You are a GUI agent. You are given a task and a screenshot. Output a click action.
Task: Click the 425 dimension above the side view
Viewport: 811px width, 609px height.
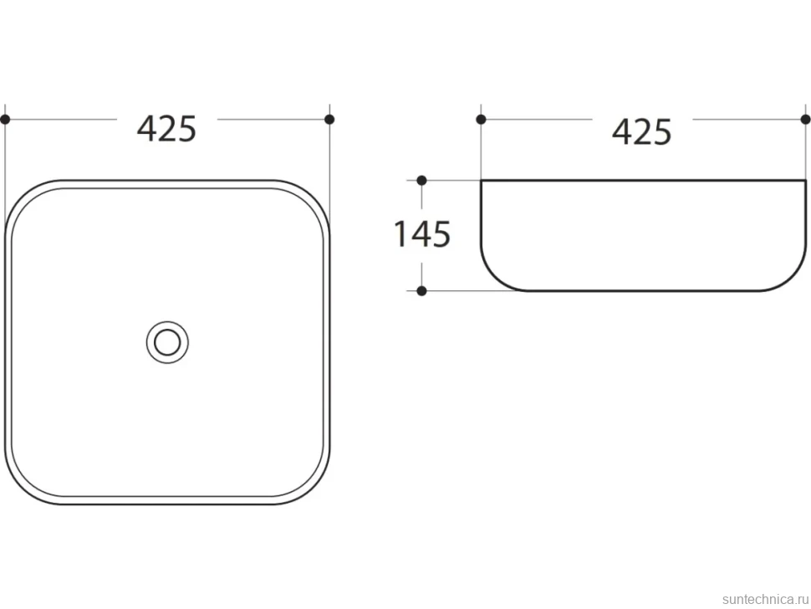click(x=642, y=131)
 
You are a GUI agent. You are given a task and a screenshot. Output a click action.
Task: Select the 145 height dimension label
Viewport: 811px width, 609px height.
click(x=422, y=234)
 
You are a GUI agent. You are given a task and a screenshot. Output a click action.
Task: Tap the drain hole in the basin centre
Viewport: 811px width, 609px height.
click(x=167, y=342)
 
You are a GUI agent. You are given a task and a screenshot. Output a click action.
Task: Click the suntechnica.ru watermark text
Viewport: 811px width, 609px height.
click(x=766, y=599)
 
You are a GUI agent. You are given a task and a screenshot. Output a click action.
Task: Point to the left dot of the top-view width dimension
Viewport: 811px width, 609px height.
click(x=5, y=120)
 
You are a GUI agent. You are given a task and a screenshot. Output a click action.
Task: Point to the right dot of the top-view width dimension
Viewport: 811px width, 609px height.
click(x=329, y=120)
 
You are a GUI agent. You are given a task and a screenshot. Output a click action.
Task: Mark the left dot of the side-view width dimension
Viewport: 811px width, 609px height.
click(x=481, y=120)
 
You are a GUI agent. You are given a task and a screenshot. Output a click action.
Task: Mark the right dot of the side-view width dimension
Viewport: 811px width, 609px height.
click(x=805, y=120)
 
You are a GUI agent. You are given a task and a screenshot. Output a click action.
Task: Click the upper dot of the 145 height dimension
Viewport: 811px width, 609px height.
click(x=421, y=181)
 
